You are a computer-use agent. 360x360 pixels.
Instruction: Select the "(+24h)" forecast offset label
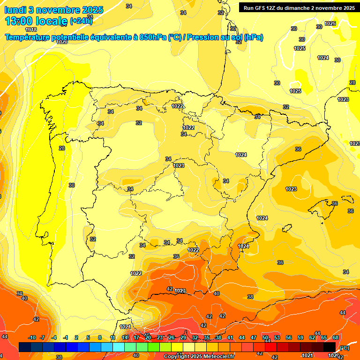click(x=81, y=21)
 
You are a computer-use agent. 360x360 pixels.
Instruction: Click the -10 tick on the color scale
click(x=32, y=337)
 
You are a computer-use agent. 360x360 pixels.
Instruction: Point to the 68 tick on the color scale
click(x=336, y=337)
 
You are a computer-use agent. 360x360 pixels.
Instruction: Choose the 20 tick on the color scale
click(x=148, y=337)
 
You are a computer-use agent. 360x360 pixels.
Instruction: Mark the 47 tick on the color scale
click(x=254, y=337)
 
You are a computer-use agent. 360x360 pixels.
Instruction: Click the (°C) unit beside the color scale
click(x=344, y=348)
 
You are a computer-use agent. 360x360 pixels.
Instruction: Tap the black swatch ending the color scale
click(x=330, y=347)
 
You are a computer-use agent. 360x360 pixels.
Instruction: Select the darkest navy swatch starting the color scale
click(x=25, y=347)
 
